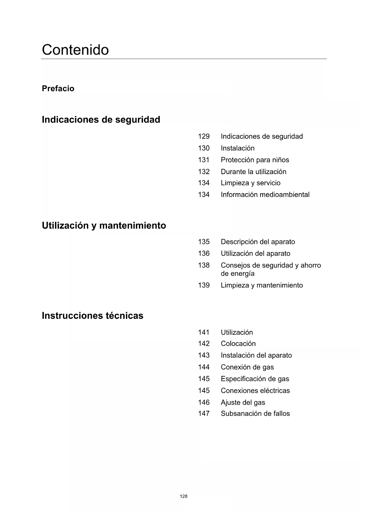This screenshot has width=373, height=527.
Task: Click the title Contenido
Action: click(75, 50)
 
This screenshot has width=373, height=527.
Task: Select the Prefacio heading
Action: click(58, 89)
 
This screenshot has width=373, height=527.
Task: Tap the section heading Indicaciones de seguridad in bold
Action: click(101, 120)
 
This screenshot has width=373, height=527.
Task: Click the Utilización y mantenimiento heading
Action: click(104, 225)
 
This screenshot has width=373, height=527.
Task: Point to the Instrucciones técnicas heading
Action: click(93, 315)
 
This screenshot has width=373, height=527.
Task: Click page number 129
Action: click(203, 136)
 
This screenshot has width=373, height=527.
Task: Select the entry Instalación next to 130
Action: click(237, 148)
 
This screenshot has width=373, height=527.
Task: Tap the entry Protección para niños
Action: click(255, 160)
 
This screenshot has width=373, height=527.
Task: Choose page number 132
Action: click(203, 172)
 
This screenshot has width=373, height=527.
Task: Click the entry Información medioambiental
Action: click(265, 195)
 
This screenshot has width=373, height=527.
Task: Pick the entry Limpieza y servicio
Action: click(250, 183)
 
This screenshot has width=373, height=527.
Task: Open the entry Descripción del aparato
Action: click(258, 242)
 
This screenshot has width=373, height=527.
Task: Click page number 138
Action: click(203, 265)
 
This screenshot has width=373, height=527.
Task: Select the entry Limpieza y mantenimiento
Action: click(261, 285)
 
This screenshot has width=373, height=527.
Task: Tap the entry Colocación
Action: click(238, 343)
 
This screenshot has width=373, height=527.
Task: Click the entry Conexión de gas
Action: click(247, 367)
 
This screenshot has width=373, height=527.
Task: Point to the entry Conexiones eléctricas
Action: click(255, 391)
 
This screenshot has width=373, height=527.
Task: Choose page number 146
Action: click(203, 402)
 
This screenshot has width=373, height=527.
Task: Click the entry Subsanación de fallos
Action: click(255, 413)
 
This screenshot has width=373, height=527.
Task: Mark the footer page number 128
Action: click(183, 496)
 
